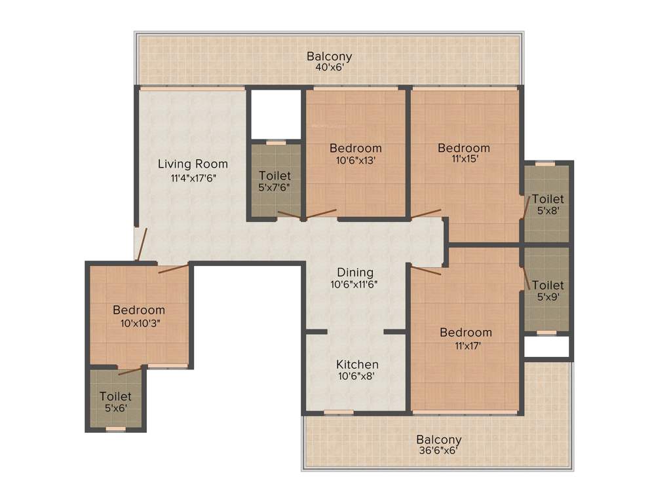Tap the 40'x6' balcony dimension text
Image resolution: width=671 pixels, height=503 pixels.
click(x=329, y=67)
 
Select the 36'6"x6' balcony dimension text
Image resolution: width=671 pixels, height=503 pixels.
click(x=439, y=451)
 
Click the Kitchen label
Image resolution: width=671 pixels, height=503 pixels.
click(x=357, y=364)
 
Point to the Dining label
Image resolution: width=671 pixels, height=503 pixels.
click(x=355, y=272)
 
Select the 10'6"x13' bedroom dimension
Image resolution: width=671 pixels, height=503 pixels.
click(x=355, y=160)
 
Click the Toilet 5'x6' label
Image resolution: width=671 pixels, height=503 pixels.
click(x=115, y=396)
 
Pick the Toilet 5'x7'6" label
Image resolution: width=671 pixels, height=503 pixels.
click(x=275, y=176)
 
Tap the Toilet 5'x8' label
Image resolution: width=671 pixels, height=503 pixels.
click(x=548, y=199)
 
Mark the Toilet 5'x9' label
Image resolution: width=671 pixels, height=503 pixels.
click(x=548, y=286)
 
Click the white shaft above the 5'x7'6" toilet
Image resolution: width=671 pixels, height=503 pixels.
click(x=275, y=114)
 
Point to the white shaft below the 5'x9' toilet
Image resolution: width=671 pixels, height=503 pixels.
click(x=546, y=347)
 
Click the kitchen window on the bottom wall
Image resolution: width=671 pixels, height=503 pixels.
click(x=339, y=413)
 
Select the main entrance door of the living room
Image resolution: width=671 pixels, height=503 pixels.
click(x=141, y=244)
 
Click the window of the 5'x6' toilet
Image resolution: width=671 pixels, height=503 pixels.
click(x=115, y=430)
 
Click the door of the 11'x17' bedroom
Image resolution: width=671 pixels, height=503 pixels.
click(x=425, y=269)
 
